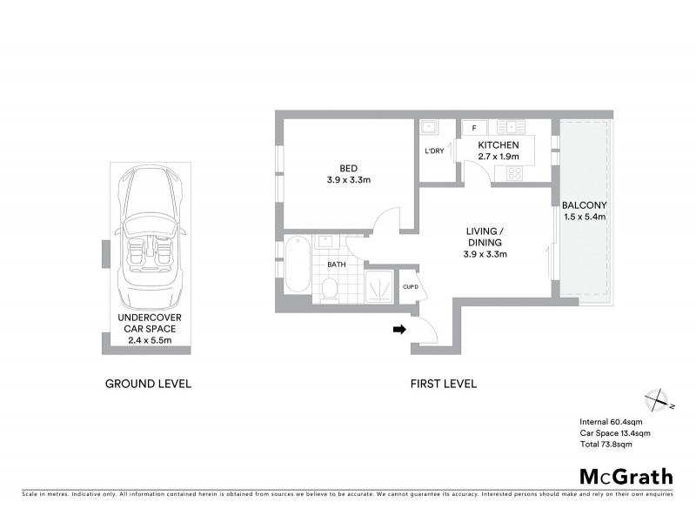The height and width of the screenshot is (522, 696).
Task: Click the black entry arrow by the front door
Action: pyautogui.click(x=399, y=329)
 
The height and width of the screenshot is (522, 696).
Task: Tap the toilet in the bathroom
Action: pyautogui.click(x=330, y=288)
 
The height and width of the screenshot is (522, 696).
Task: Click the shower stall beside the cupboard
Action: pyautogui.click(x=378, y=284)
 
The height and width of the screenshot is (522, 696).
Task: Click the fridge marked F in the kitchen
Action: pyautogui.click(x=473, y=128)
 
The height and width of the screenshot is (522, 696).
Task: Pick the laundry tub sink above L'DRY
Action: pyautogui.click(x=428, y=128)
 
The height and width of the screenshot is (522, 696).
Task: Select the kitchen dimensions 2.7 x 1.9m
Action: pyautogui.click(x=499, y=157)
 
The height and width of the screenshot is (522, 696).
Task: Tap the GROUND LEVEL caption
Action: pyautogui.click(x=148, y=384)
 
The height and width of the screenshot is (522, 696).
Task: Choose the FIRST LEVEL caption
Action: pyautogui.click(x=444, y=384)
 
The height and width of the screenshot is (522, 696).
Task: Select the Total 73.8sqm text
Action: pyautogui.click(x=606, y=444)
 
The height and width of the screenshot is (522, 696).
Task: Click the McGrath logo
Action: pyautogui.click(x=626, y=476)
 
